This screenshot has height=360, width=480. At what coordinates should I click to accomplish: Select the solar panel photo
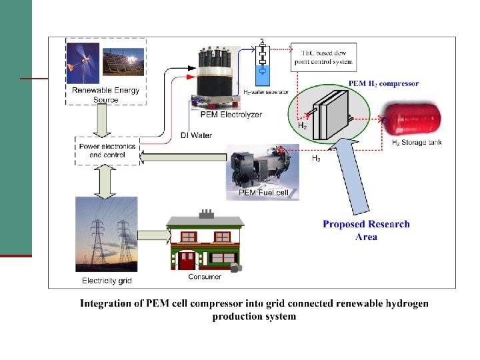pyautogui.click(x=123, y=63)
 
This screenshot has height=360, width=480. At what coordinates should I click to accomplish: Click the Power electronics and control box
pyautogui.click(x=107, y=151)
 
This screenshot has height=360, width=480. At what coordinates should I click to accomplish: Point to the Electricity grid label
pyautogui.click(x=107, y=281)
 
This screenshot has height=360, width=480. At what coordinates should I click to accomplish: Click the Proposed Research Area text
pyautogui.click(x=366, y=230)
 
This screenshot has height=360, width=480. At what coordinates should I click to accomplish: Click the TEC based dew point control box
pyautogui.click(x=323, y=57)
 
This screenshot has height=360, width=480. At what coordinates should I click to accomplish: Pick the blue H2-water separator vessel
pyautogui.click(x=263, y=70)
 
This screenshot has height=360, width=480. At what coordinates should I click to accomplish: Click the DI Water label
pyautogui.click(x=196, y=135)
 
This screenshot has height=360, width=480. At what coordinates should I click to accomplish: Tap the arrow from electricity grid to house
pyautogui.click(x=153, y=236)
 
